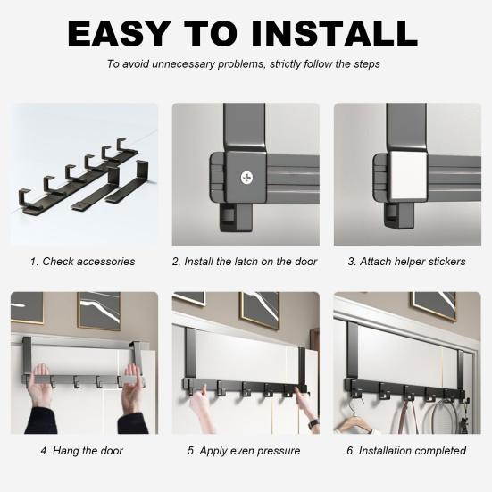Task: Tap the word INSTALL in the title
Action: pyautogui.click(x=334, y=34)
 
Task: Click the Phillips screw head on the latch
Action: pyautogui.click(x=246, y=178)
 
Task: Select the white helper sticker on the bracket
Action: pyautogui.click(x=409, y=176)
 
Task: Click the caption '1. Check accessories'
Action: pyautogui.click(x=82, y=262)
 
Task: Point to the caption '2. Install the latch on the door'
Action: pyautogui.click(x=245, y=262)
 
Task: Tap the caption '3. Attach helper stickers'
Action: pyautogui.click(x=406, y=262)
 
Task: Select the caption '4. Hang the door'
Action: pyautogui.click(x=81, y=451)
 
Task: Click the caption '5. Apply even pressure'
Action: pyautogui.click(x=244, y=451)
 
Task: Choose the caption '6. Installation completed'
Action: pyautogui.click(x=406, y=451)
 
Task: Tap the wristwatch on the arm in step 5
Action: pyautogui.click(x=313, y=425)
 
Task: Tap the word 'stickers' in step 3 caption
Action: pyautogui.click(x=443, y=262)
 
